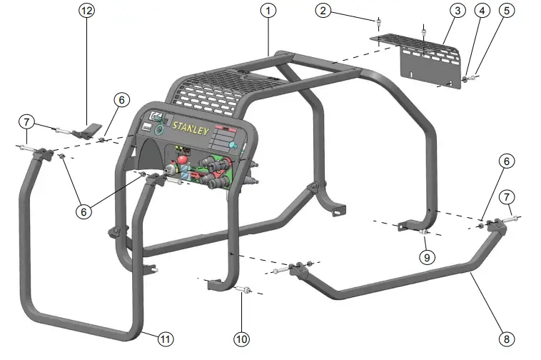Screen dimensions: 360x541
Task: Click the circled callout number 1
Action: click(x=268, y=11)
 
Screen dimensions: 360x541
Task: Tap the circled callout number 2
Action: click(x=324, y=11)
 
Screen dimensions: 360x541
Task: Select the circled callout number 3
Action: click(x=457, y=11)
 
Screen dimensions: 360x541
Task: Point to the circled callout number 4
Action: click(x=483, y=11)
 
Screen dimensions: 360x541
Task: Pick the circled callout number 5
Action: click(x=507, y=11)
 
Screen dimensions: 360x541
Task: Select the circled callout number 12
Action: click(x=87, y=11)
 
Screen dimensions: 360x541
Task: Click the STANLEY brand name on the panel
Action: click(x=190, y=130)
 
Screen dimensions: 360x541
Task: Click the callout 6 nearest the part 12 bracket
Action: click(x=121, y=101)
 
